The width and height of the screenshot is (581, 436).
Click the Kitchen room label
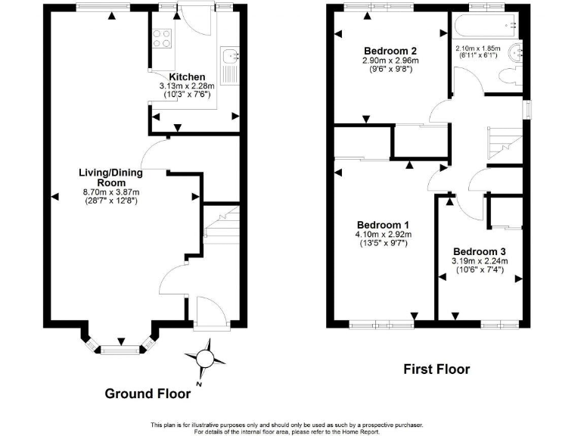186,77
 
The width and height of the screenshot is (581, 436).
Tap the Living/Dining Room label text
110,177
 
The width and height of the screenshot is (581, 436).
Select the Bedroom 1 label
383,225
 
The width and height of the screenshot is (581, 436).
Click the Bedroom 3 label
479,251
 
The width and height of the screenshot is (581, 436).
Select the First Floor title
436,369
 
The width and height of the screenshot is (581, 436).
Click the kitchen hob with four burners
162,37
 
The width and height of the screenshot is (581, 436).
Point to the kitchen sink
230,55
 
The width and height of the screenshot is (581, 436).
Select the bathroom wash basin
517,52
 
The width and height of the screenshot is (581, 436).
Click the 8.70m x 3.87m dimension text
110,192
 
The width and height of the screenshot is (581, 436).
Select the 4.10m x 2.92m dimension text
383,235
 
